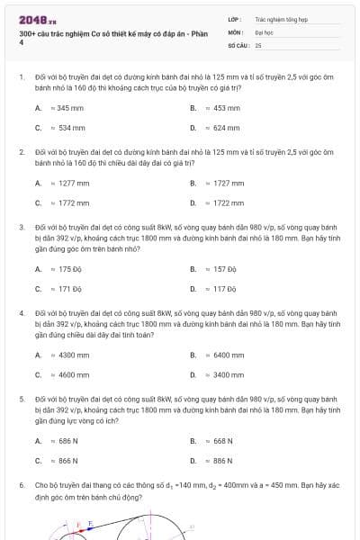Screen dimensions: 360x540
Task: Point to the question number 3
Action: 21,228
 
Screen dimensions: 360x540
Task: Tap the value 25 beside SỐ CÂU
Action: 258,44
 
